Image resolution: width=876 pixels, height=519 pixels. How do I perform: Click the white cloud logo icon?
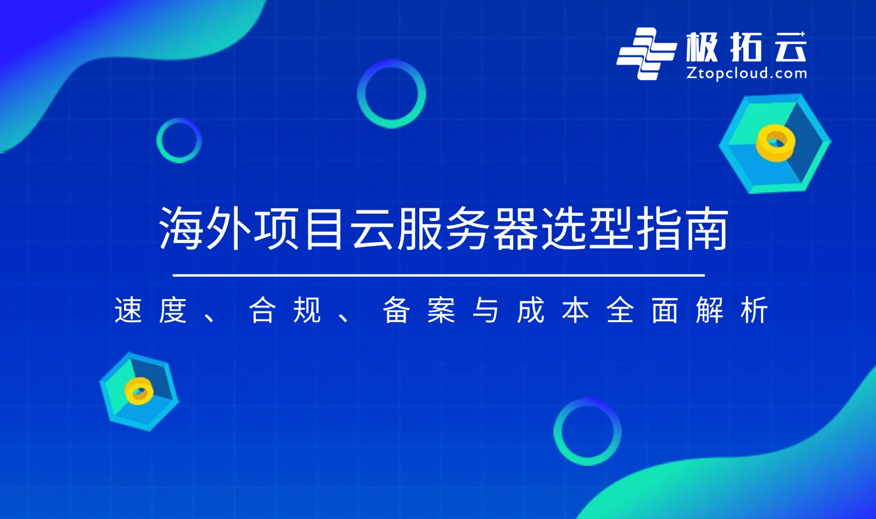[x=645, y=53]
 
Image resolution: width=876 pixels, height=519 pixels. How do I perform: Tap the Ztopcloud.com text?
[x=746, y=73]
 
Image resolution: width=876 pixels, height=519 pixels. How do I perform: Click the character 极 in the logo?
[x=702, y=47]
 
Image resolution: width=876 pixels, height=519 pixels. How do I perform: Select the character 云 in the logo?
[x=790, y=47]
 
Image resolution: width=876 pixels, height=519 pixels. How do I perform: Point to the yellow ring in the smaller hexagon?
[x=139, y=390]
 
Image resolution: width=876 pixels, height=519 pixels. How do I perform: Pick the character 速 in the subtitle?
[x=128, y=310]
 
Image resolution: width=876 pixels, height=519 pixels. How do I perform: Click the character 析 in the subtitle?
[x=754, y=310]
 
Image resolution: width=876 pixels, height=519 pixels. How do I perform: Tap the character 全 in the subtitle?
[x=620, y=310]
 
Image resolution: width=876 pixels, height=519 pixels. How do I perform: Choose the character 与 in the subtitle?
[x=486, y=310]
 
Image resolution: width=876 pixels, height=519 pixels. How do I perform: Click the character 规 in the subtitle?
[x=307, y=310]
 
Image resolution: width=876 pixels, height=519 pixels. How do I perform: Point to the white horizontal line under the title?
[x=439, y=275]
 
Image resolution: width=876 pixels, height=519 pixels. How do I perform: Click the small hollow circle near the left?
[x=179, y=140]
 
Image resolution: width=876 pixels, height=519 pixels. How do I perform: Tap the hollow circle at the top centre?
[x=391, y=93]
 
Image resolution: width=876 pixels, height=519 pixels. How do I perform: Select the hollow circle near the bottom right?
[x=587, y=432]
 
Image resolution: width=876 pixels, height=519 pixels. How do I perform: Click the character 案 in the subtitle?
[x=441, y=310]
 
